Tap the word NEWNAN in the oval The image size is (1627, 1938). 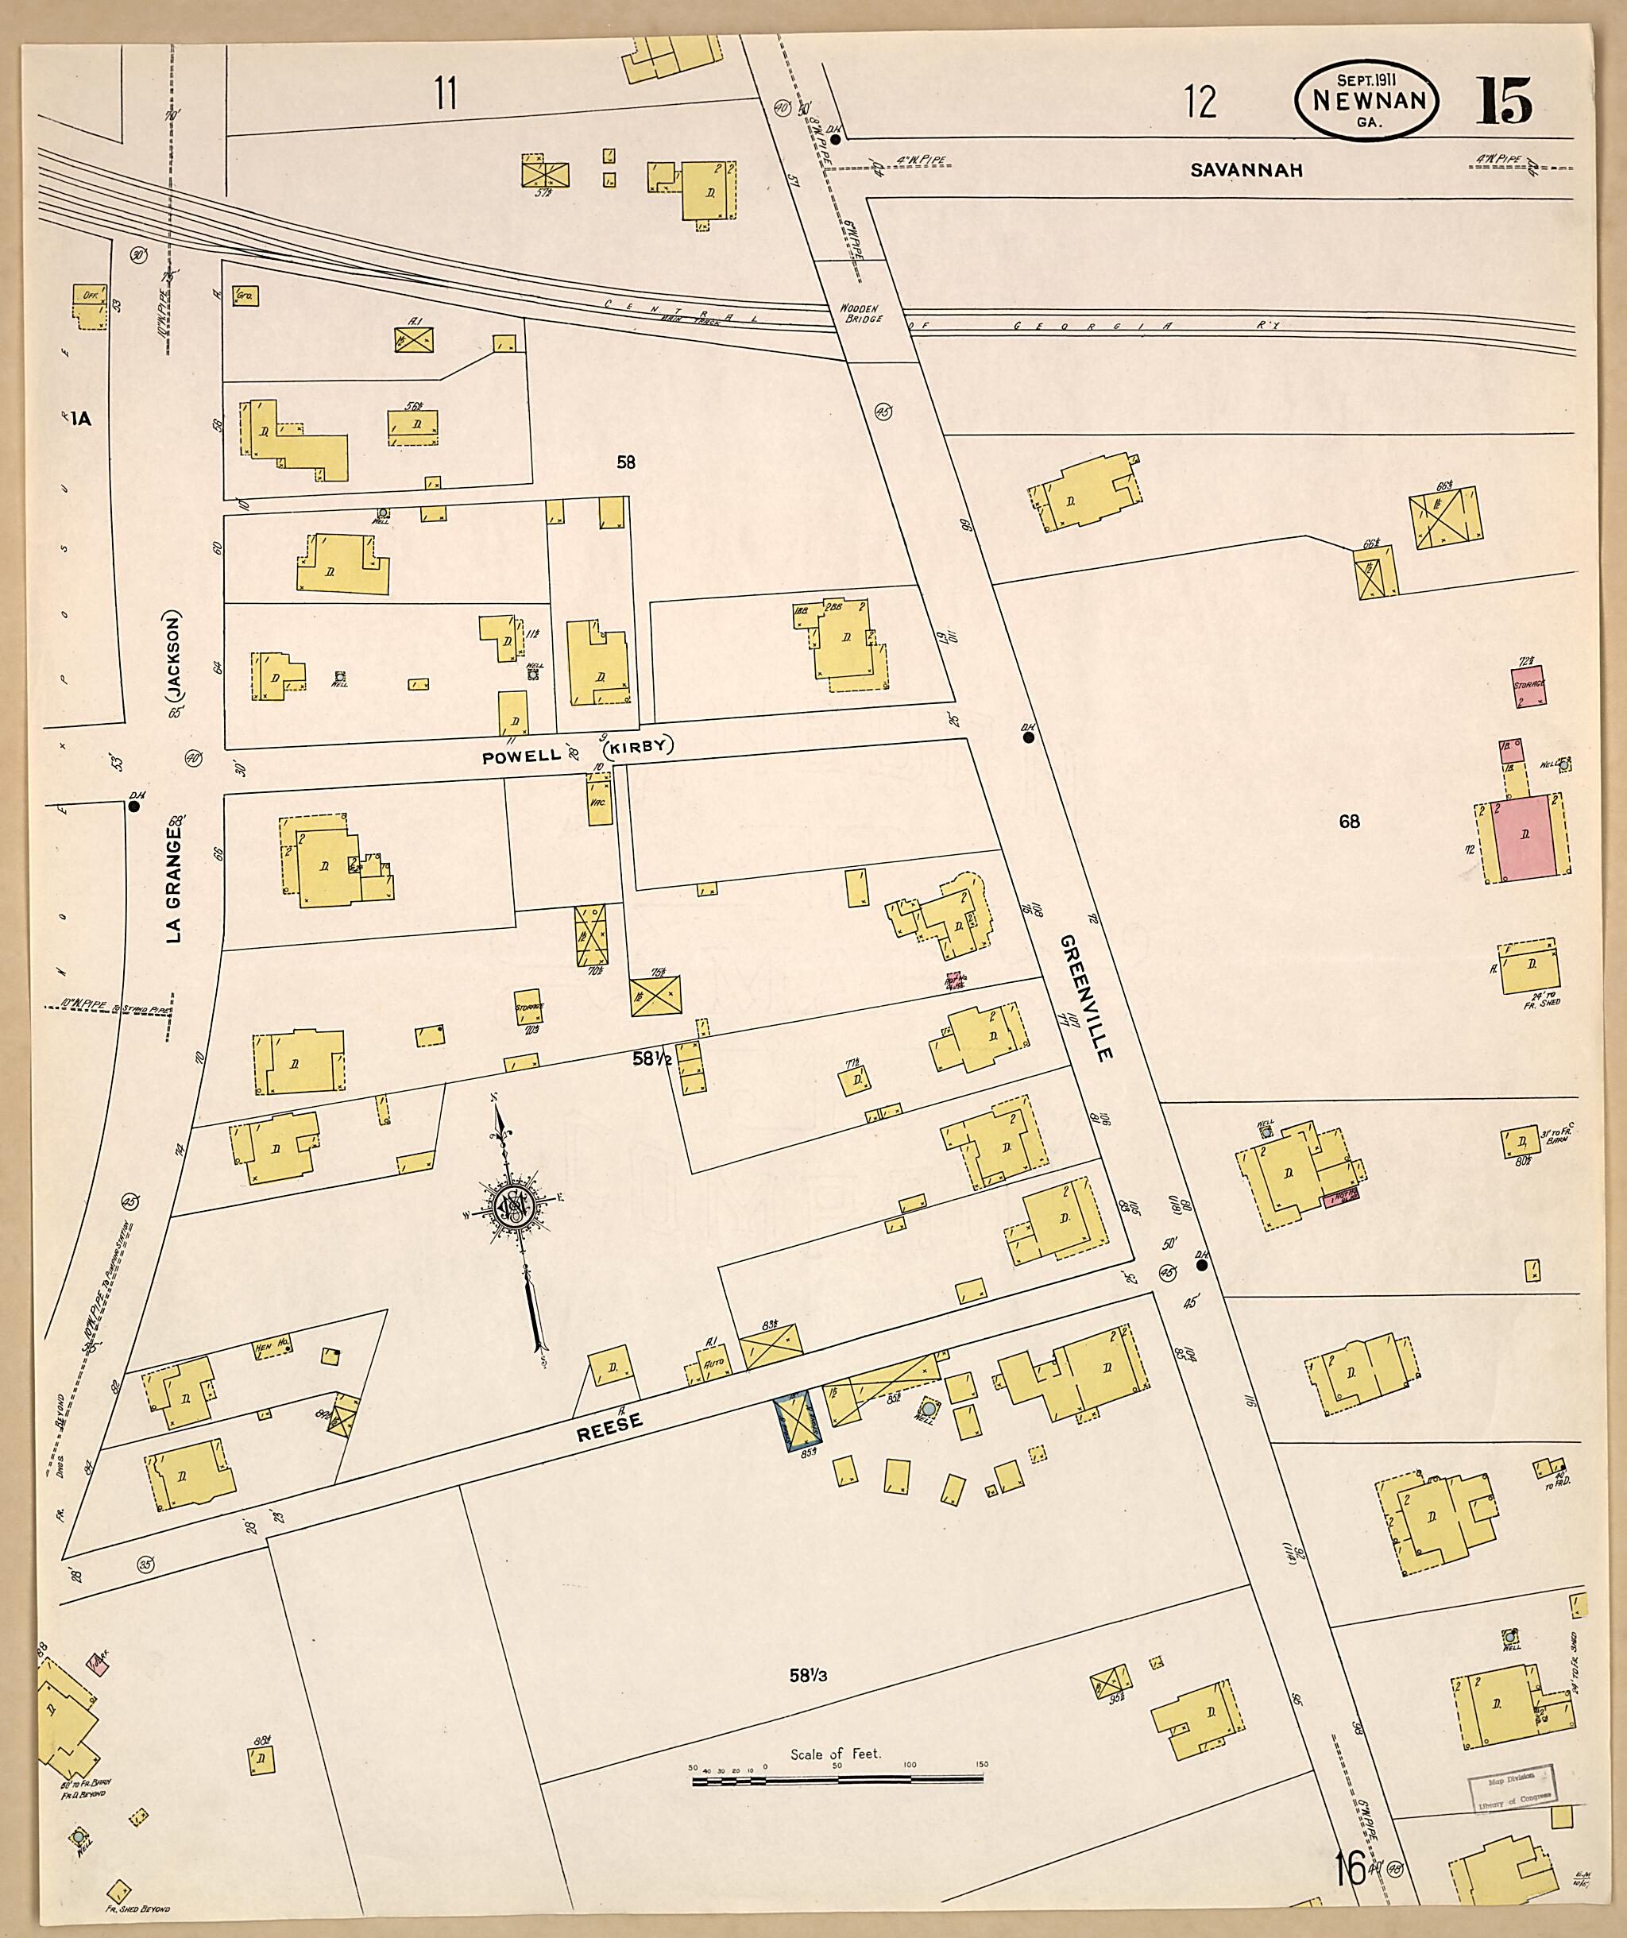[x=1366, y=102]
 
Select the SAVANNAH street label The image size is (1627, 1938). [x=1245, y=170]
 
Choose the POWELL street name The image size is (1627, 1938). [x=520, y=756]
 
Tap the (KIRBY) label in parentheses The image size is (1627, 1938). [x=639, y=748]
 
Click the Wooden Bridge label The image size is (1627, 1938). [x=861, y=313]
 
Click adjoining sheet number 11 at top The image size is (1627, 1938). [x=446, y=94]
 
